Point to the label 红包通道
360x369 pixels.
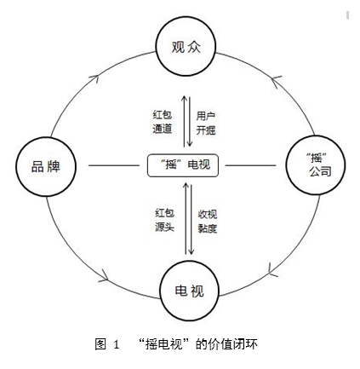[163, 122]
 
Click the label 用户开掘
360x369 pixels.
[206, 123]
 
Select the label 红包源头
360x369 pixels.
[164, 220]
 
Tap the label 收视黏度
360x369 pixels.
[208, 222]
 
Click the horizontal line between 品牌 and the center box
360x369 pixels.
[114, 165]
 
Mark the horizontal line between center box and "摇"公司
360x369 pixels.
[250, 165]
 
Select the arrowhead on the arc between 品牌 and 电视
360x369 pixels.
[104, 276]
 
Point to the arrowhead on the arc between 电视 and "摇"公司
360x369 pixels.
[272, 270]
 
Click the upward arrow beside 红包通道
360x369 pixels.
[185, 121]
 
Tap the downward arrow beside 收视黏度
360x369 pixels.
[191, 219]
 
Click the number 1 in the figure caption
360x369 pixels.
[117, 344]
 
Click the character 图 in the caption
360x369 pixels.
[100, 344]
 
